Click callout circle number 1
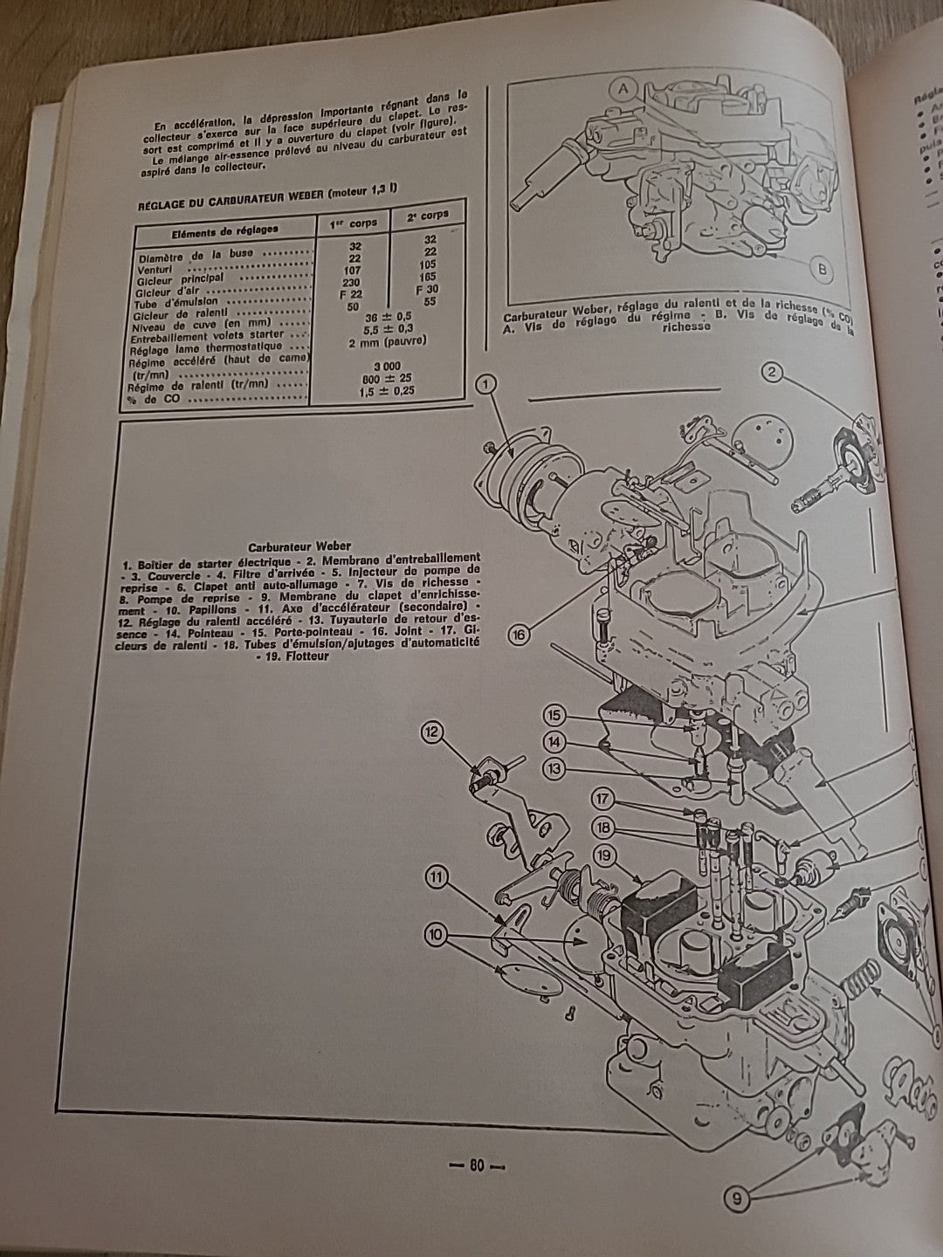(486, 382)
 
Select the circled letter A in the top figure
(623, 86)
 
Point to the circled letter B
(821, 268)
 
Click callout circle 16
(518, 635)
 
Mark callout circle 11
(437, 875)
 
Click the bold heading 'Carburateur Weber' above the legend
(299, 546)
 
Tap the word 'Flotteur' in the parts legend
(310, 657)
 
